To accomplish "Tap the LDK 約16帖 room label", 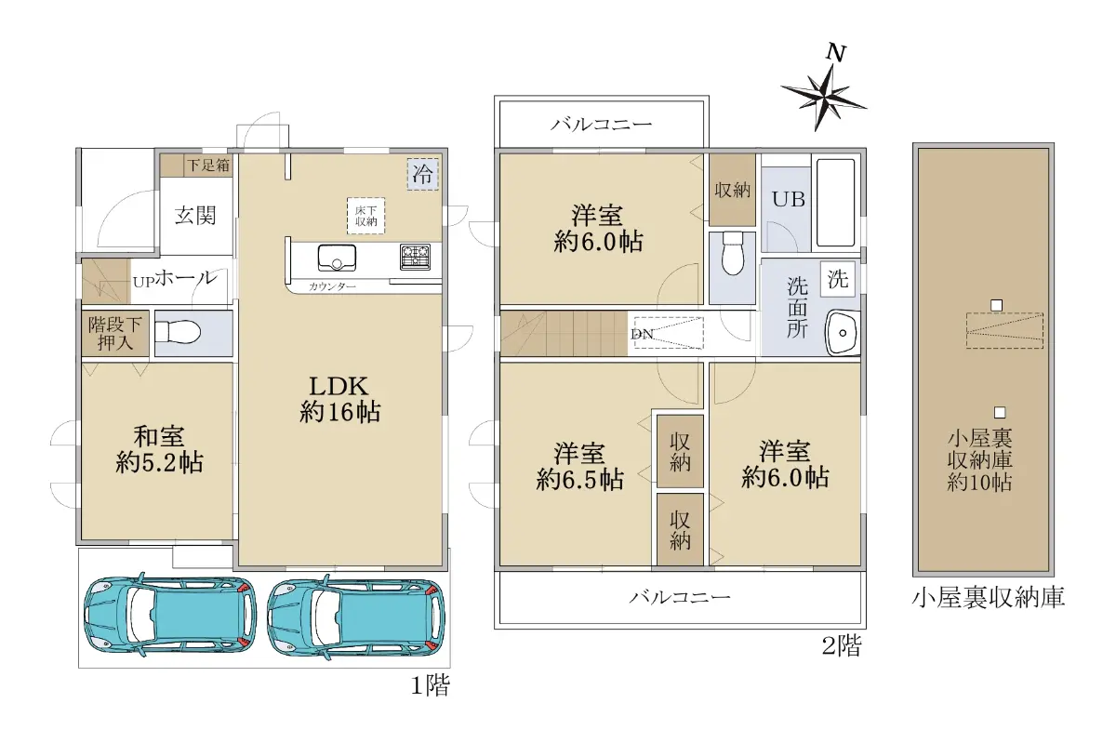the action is tap(339, 399).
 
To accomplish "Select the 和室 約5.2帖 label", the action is tap(159, 449).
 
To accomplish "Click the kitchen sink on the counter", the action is tap(337, 259).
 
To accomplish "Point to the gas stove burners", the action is tap(415, 257).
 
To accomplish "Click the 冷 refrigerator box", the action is tap(423, 175).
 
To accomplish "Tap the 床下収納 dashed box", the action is tap(365, 217).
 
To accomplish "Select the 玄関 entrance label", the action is tap(194, 216).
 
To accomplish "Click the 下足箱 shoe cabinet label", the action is tap(208, 165).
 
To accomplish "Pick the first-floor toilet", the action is tap(178, 331).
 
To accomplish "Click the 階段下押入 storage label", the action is tap(114, 333).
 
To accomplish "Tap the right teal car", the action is tap(355, 617).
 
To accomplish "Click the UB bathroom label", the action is tap(789, 199).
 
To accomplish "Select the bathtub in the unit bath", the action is tap(835, 203).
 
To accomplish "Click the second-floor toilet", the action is tap(733, 253).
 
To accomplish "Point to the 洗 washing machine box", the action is tap(838, 279).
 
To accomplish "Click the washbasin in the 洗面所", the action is tap(842, 332).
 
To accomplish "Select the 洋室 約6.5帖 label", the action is tap(579, 466).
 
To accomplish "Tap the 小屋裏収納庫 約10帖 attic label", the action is tap(979, 461).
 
